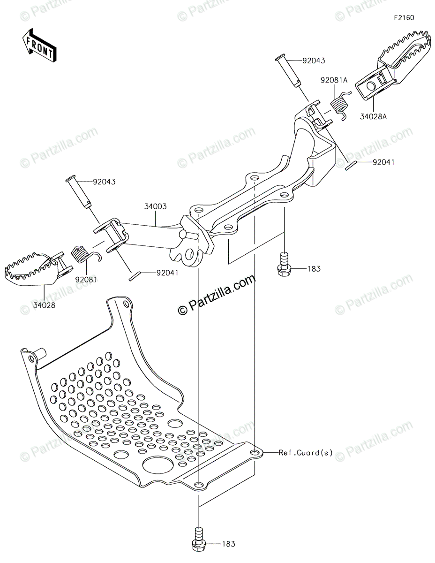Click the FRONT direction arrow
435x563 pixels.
click(40, 46)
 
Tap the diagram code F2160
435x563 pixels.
click(404, 18)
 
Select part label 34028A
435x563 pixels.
click(374, 116)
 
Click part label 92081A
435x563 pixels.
click(334, 80)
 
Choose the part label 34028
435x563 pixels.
click(44, 304)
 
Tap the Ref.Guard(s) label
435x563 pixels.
click(306, 453)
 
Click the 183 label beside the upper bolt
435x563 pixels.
click(314, 269)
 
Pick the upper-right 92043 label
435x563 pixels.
click(314, 61)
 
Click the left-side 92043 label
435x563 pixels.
click(104, 181)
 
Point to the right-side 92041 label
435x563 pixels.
click(383, 162)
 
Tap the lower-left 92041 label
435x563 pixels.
click(167, 272)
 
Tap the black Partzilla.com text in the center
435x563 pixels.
click(217, 295)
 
